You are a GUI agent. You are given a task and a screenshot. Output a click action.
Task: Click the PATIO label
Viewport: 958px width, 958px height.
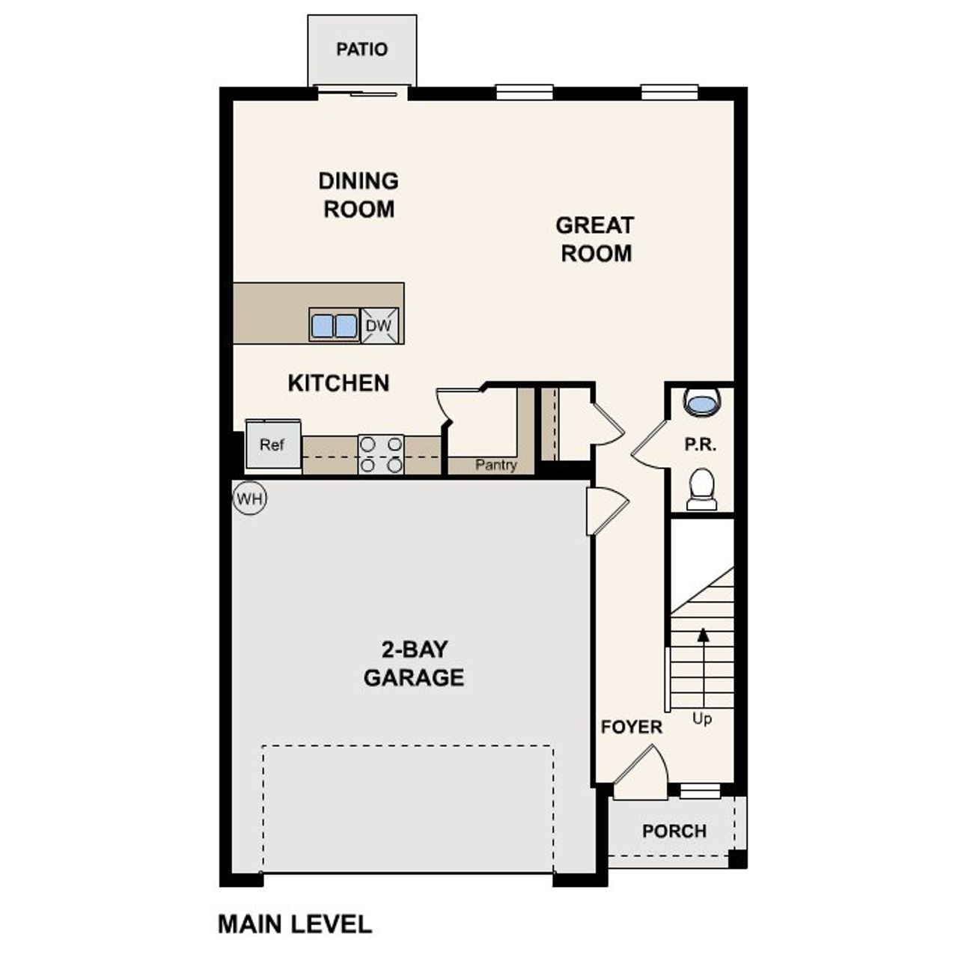click(361, 49)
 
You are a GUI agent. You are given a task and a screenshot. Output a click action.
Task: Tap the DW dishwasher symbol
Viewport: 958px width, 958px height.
click(379, 326)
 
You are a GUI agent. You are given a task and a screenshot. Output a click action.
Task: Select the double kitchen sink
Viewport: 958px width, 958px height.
click(334, 326)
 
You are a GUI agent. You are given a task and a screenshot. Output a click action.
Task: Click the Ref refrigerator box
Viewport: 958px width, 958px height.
click(272, 445)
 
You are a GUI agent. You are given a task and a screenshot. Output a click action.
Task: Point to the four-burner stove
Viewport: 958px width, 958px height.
click(381, 454)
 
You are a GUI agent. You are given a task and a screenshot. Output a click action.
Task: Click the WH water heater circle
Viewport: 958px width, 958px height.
click(249, 498)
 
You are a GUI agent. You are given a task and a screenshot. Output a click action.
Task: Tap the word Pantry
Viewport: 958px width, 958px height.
click(495, 465)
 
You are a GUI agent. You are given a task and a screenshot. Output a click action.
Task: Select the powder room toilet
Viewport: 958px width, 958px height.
click(701, 488)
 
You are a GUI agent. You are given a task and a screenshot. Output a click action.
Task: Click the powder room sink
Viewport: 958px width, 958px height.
click(702, 403)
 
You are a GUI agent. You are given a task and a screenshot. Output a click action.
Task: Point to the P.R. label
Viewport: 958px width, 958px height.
click(700, 445)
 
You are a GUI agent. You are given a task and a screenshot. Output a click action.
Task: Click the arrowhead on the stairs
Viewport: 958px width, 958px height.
click(703, 635)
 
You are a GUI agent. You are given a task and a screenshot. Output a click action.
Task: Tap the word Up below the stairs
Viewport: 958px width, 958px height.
click(702, 719)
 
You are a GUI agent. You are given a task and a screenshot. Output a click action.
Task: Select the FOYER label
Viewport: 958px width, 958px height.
click(632, 727)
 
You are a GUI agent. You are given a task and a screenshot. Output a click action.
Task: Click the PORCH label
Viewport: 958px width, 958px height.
click(674, 831)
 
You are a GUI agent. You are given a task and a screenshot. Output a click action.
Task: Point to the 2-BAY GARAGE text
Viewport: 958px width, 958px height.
click(413, 663)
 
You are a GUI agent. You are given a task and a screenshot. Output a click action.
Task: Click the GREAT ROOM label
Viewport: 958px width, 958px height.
click(595, 239)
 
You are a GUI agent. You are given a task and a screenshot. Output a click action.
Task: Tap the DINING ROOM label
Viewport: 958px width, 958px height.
click(359, 195)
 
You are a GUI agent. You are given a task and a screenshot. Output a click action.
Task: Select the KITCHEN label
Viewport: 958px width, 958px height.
click(338, 383)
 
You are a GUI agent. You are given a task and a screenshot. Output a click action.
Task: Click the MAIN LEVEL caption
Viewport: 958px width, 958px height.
click(294, 924)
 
